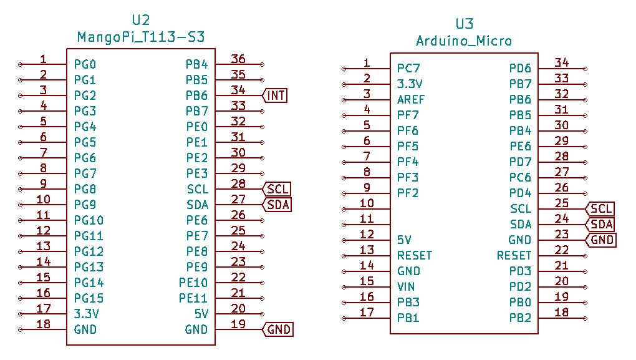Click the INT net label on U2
[x=276, y=95]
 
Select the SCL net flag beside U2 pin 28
[x=277, y=189]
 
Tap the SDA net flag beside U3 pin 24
[x=602, y=225]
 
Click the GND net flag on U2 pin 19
[x=279, y=329]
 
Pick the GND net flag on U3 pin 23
[x=602, y=240]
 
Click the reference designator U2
[x=141, y=20]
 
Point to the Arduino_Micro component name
[x=464, y=41]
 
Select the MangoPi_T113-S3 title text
[x=141, y=37]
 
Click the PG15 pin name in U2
[x=89, y=298]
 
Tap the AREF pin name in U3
[x=411, y=99]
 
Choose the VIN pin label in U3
[x=406, y=286]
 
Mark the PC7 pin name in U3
[x=408, y=68]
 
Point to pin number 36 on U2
[x=238, y=59]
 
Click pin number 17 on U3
[x=367, y=312]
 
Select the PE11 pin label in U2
[x=193, y=298]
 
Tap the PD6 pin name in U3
[x=520, y=68]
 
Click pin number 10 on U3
[x=367, y=203]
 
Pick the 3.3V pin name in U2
[x=87, y=314]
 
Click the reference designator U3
[x=464, y=24]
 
